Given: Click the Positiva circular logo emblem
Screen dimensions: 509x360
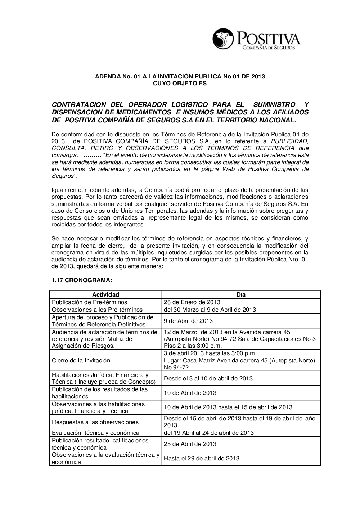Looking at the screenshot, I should pyautogui.click(x=222, y=38).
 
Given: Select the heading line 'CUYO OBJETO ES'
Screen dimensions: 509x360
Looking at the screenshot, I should pyautogui.click(x=180, y=84).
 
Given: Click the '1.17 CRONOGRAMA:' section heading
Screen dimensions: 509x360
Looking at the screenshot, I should pyautogui.click(x=77, y=280).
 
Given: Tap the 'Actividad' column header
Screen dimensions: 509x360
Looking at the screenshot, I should pyautogui.click(x=105, y=294).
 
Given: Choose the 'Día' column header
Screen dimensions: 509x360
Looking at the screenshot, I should pyautogui.click(x=241, y=294).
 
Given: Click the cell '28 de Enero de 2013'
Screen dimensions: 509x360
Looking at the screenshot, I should pyautogui.click(x=192, y=302).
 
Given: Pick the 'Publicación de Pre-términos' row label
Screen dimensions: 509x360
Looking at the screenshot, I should pyautogui.click(x=89, y=302).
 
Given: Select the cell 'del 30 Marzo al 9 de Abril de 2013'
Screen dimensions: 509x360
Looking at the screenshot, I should pyautogui.click(x=210, y=310).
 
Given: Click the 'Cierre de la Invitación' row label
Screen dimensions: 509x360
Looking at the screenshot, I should pyautogui.click(x=81, y=360).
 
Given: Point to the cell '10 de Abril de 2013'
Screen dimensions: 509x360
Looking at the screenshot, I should pyautogui.click(x=190, y=393).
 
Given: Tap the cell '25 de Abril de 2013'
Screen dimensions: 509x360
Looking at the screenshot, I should pyautogui.click(x=190, y=444).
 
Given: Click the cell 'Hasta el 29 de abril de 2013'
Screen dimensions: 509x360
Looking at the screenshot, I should pyautogui.click(x=202, y=458).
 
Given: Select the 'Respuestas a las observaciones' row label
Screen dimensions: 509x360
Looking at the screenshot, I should pyautogui.click(x=95, y=422).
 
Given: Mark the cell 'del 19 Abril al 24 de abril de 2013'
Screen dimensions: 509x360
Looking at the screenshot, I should pyautogui.click(x=208, y=433).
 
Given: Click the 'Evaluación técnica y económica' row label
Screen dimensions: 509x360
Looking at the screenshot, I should pyautogui.click(x=95, y=433).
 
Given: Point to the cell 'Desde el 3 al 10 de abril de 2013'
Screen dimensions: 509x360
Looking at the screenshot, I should pyautogui.click(x=208, y=378).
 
